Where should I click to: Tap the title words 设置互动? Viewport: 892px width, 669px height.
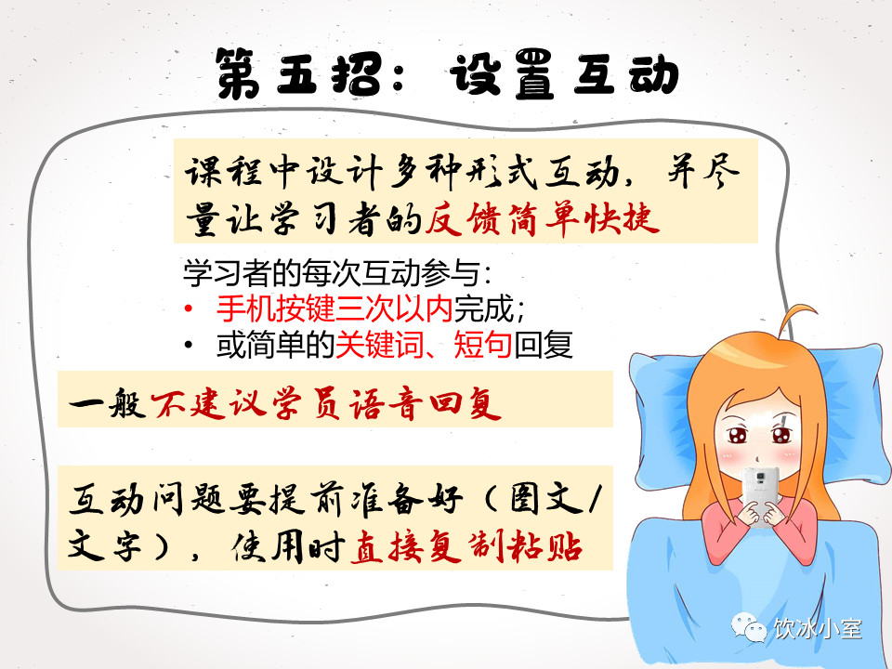pos(564,73)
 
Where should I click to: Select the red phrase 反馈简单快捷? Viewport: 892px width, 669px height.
pos(542,219)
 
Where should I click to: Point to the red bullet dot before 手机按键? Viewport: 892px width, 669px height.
pos(189,308)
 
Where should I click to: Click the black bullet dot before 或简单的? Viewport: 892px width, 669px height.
pos(189,345)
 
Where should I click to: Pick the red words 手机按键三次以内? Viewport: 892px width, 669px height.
pos(334,308)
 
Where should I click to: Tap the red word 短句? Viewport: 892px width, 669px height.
pos(483,345)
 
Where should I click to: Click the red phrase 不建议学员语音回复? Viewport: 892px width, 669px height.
pos(326,404)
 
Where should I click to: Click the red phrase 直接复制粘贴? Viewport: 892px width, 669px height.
pos(466,547)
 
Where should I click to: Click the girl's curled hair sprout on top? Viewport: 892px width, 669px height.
pos(796,320)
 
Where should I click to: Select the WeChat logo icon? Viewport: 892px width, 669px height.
pos(749,627)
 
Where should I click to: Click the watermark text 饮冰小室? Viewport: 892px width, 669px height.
pos(817,629)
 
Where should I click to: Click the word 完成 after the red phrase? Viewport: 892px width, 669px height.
pos(482,308)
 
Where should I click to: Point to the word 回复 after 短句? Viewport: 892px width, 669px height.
pos(543,345)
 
